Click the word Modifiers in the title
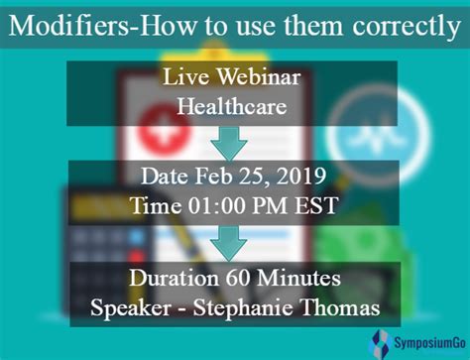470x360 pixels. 68,25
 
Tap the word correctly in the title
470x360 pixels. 407,27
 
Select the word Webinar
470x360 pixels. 259,77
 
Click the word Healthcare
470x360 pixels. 232,106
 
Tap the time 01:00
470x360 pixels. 217,205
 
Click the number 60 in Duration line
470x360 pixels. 238,278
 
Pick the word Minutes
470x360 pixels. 298,278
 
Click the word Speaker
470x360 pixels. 131,308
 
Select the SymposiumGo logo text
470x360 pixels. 430,343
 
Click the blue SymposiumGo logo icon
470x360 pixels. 381,344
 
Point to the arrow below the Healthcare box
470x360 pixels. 229,144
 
